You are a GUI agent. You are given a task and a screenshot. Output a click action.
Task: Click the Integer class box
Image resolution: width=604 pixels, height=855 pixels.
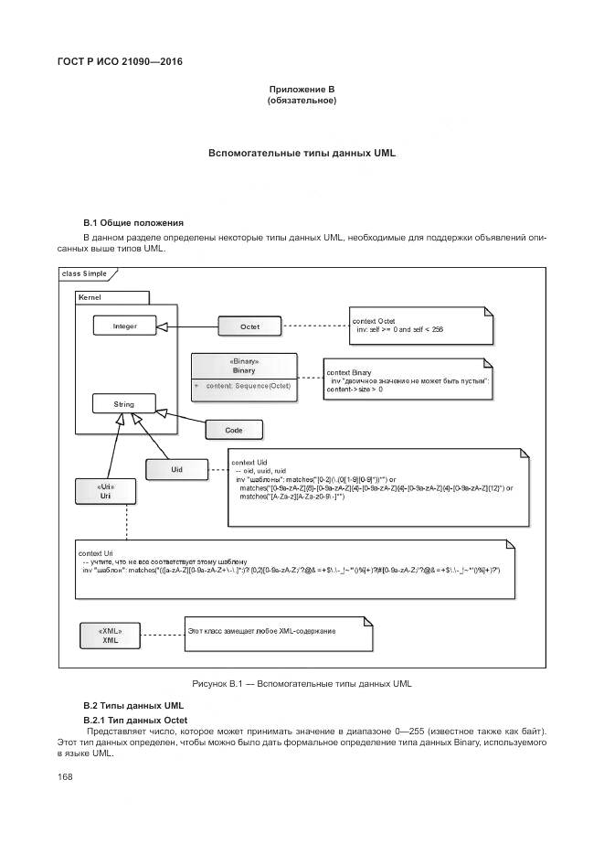(x=125, y=326)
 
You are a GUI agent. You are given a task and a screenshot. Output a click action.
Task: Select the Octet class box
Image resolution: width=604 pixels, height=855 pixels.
(x=249, y=326)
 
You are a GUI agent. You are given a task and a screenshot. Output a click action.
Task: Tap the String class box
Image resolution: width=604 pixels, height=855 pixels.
(x=124, y=403)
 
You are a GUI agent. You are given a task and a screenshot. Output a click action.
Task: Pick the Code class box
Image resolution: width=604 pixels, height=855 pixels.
(x=233, y=429)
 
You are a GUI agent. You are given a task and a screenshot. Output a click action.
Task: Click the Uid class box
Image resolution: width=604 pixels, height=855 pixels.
(x=177, y=469)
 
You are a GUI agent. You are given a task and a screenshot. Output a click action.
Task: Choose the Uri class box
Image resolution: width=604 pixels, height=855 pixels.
(x=105, y=491)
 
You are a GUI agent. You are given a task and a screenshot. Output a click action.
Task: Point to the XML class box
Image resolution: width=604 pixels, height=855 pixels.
(x=110, y=636)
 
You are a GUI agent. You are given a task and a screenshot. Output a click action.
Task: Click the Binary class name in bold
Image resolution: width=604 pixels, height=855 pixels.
(x=243, y=370)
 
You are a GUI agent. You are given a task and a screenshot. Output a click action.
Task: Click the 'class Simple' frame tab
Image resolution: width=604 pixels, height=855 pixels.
(x=85, y=273)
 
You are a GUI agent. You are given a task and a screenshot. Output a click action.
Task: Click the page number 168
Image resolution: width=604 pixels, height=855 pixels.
(x=65, y=776)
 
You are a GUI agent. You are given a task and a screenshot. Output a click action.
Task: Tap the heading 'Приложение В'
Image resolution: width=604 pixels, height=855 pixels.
(x=302, y=89)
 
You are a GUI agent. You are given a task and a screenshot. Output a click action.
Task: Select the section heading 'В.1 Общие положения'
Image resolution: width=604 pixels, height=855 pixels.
(x=133, y=222)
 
